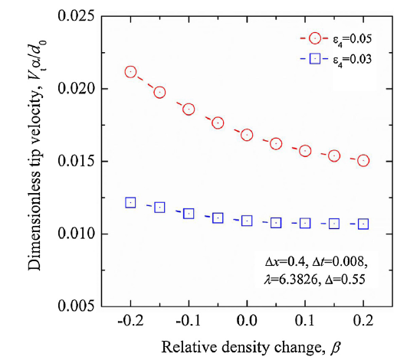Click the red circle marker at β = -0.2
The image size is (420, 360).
click(x=130, y=72)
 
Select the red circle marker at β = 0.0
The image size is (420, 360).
click(x=247, y=135)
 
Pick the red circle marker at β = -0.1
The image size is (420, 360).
click(x=189, y=110)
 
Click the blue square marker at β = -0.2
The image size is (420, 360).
click(x=130, y=203)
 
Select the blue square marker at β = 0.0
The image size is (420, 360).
click(x=247, y=221)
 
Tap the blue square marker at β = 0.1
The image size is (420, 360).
click(x=305, y=223)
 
